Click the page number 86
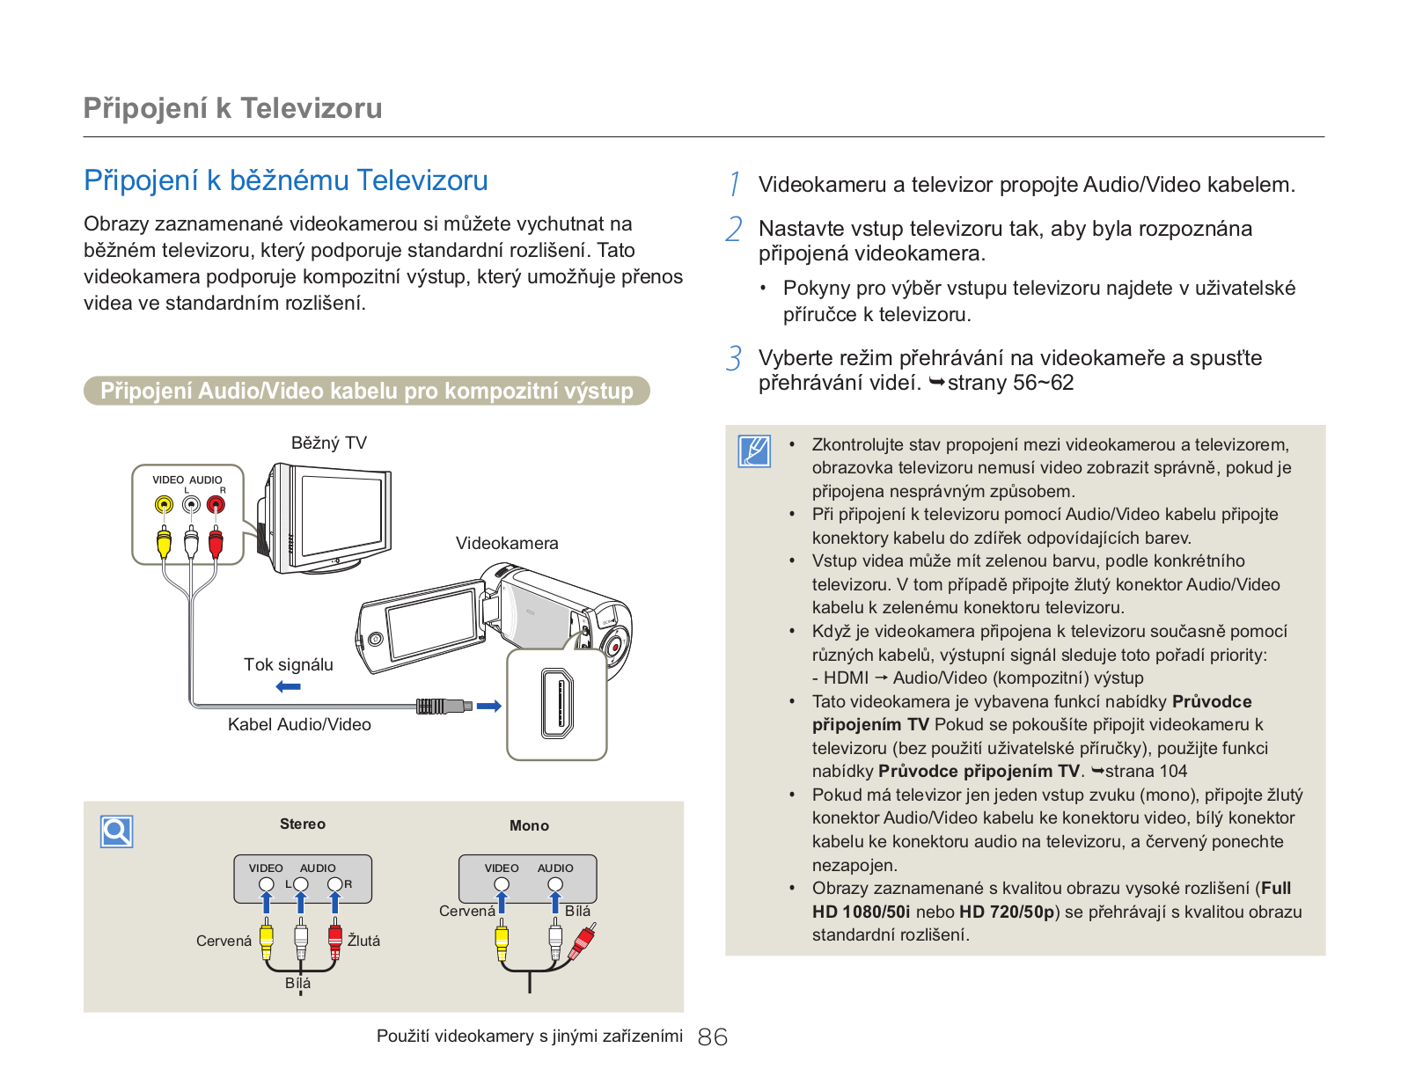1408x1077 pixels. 712,1037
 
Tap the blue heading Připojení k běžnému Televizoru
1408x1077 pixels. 285,180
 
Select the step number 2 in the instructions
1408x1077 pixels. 734,229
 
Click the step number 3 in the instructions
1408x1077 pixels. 734,358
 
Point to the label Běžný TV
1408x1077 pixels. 328,443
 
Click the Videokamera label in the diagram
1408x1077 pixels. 507,543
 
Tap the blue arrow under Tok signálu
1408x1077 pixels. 288,687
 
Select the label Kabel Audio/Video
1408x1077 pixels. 299,724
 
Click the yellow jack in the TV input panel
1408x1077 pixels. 165,505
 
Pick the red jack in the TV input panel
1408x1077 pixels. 216,505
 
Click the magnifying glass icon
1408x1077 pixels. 117,832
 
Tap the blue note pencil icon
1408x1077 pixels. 754,451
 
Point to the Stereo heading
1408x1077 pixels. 302,824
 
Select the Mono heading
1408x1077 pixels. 529,825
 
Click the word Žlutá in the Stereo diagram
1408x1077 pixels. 363,941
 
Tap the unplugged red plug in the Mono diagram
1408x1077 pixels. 583,941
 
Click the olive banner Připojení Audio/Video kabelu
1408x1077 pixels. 367,391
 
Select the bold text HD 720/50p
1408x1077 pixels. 1007,912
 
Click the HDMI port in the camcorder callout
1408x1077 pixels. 557,704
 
